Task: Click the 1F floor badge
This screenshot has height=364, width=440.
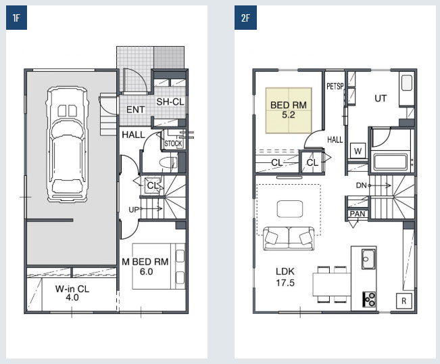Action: click(x=16, y=18)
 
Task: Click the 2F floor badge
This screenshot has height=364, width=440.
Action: click(x=245, y=18)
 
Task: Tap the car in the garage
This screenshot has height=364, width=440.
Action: click(x=67, y=144)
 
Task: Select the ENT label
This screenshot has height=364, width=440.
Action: click(x=136, y=110)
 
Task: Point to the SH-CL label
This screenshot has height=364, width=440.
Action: click(x=170, y=101)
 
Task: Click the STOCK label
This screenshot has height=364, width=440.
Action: click(x=173, y=144)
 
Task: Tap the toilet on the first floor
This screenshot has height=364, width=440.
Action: click(x=168, y=162)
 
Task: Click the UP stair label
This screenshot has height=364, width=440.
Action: click(x=134, y=210)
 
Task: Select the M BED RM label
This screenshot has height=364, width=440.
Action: click(x=145, y=262)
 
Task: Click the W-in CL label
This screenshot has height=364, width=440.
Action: click(x=72, y=289)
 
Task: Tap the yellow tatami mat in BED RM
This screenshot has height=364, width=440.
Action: click(x=289, y=110)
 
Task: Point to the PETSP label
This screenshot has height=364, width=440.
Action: click(x=335, y=86)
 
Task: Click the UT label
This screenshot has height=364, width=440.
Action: click(x=381, y=98)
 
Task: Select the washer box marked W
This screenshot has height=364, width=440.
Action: click(x=358, y=151)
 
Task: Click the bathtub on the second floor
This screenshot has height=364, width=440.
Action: click(x=390, y=162)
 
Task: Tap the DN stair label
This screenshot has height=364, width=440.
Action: click(x=361, y=185)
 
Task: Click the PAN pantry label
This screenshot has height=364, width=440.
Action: click(x=358, y=214)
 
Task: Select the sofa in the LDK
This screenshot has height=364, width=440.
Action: click(x=289, y=238)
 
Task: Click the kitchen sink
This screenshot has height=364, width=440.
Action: click(x=368, y=259)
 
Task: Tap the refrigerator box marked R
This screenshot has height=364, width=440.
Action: click(x=404, y=301)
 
